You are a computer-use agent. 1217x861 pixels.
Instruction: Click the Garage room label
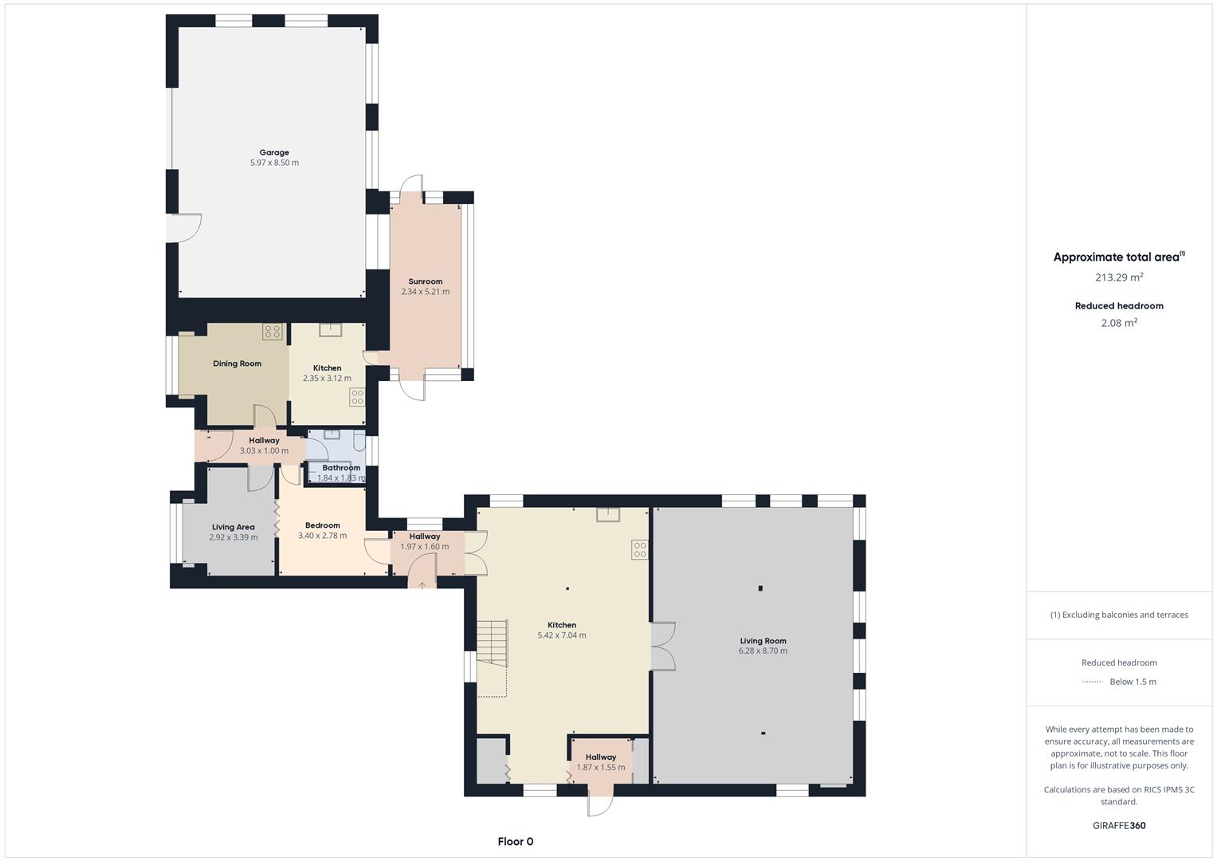coord(274,152)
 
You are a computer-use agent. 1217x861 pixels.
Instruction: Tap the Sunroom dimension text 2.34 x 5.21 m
coord(425,292)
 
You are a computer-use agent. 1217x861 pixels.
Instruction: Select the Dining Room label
coord(237,364)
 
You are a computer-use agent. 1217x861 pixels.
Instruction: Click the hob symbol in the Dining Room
coord(273,332)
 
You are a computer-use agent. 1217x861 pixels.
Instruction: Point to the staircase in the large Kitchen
coord(492,642)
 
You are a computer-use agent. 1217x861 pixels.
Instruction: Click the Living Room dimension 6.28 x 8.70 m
coord(763,651)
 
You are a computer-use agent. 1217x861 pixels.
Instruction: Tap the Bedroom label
coord(322,525)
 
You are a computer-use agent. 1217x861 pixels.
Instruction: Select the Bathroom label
coord(341,468)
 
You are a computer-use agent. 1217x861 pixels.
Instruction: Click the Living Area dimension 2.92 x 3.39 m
coord(233,537)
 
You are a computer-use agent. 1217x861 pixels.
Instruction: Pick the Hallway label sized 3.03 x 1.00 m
coord(264,440)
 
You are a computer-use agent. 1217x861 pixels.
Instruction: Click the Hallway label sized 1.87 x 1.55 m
coord(600,757)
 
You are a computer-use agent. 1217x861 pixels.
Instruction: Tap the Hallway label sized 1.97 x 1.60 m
coord(424,537)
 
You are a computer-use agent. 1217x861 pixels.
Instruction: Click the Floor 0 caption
coord(515,841)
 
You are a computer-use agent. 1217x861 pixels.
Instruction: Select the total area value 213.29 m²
coord(1119,277)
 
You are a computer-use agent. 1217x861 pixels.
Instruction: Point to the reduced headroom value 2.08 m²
coord(1119,323)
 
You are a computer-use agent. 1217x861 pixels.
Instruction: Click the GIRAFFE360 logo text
coord(1119,825)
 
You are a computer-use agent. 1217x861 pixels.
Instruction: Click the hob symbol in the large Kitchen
coord(639,549)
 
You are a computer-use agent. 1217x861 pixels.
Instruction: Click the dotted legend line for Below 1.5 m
coord(1092,682)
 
